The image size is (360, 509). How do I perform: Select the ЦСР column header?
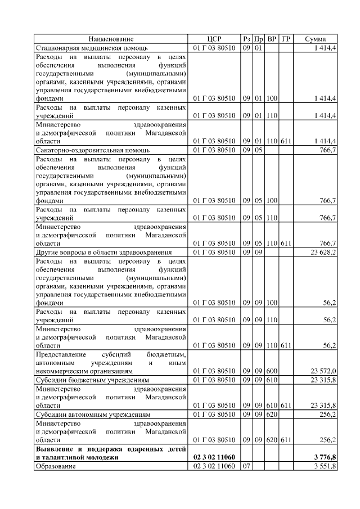tap(214, 39)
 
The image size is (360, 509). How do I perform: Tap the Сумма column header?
tap(316, 39)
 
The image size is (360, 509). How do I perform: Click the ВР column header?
tap(272, 39)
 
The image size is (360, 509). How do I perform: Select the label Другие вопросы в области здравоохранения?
tap(103, 253)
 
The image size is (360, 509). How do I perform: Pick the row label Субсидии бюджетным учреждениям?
tap(92, 380)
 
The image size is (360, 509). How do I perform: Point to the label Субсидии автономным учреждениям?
tap(93, 414)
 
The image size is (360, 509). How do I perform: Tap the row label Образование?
tap(55, 466)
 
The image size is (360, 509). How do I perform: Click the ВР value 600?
tap(272, 371)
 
